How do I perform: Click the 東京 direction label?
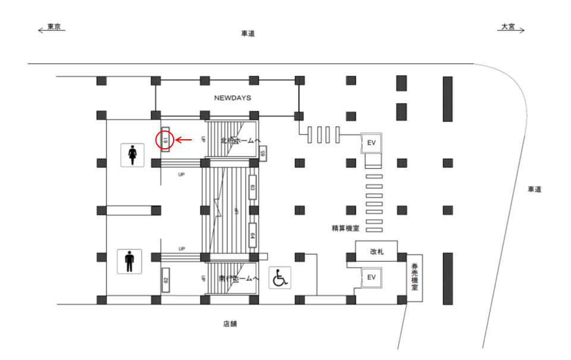54,27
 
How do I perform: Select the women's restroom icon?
133,155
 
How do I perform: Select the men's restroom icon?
130,260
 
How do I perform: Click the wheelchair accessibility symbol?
279,278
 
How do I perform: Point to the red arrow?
184,140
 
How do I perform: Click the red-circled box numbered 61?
165,140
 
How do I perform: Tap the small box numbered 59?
262,154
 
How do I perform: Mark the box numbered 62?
165,280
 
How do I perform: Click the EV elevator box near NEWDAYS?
372,143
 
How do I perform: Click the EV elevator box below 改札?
372,277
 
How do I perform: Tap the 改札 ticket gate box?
377,251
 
